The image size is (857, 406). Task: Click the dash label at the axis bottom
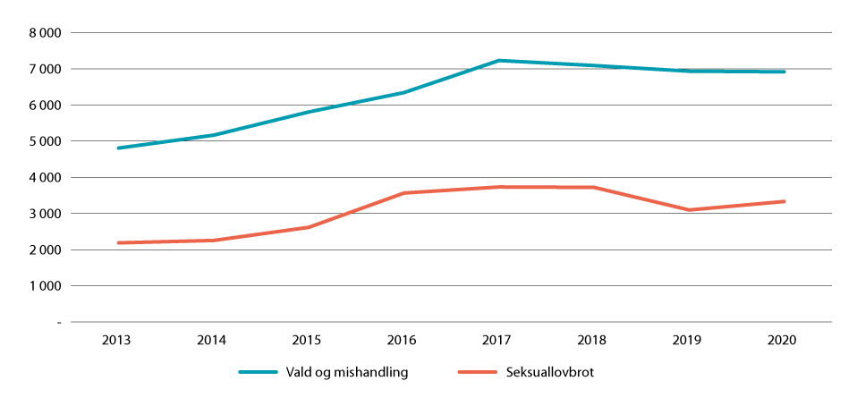tap(58, 322)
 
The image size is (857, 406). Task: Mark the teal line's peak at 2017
tap(499, 61)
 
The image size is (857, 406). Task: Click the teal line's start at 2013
tap(119, 148)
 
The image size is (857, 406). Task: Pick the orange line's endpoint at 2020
tap(785, 201)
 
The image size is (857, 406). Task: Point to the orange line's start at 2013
tap(119, 242)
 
